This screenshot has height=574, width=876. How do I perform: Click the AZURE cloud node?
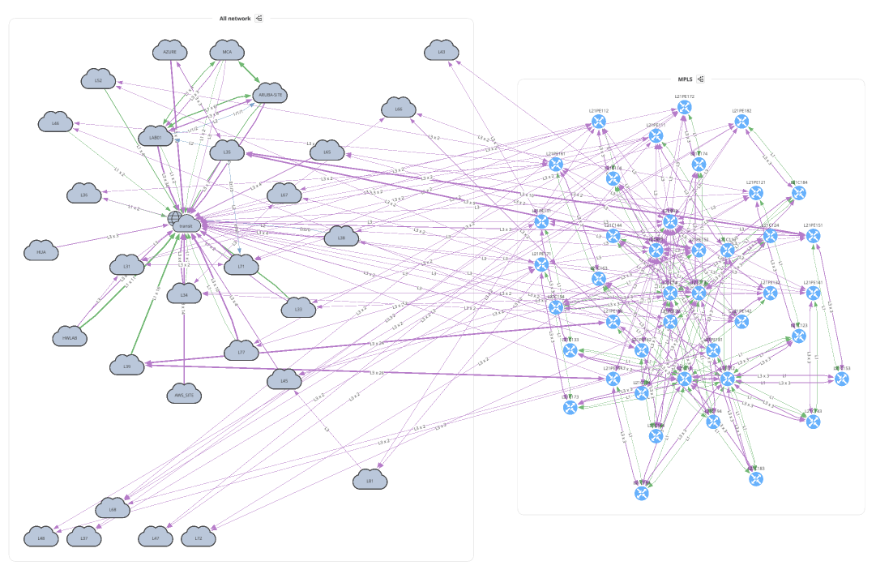[x=169, y=51]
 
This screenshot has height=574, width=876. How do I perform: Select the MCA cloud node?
[x=228, y=51]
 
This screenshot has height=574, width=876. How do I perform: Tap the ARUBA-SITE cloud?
[x=271, y=94]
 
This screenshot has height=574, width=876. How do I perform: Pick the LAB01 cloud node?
[x=156, y=136]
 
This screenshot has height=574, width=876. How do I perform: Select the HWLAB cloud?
[x=69, y=336]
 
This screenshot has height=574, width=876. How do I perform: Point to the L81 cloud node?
[x=370, y=480]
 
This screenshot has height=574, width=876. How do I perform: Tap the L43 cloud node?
[x=441, y=52]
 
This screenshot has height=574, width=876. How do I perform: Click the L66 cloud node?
[x=398, y=108]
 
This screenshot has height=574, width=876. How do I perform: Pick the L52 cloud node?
[x=98, y=79]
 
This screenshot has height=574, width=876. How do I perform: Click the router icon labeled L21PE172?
[x=684, y=106]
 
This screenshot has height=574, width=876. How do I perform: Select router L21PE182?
[x=741, y=121]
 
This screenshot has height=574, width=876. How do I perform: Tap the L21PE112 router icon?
[x=599, y=122]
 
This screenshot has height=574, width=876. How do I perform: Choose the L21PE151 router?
[x=813, y=236]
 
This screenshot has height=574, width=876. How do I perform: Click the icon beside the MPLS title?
[x=701, y=79]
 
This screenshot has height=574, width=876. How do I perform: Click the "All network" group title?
[x=235, y=18]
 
